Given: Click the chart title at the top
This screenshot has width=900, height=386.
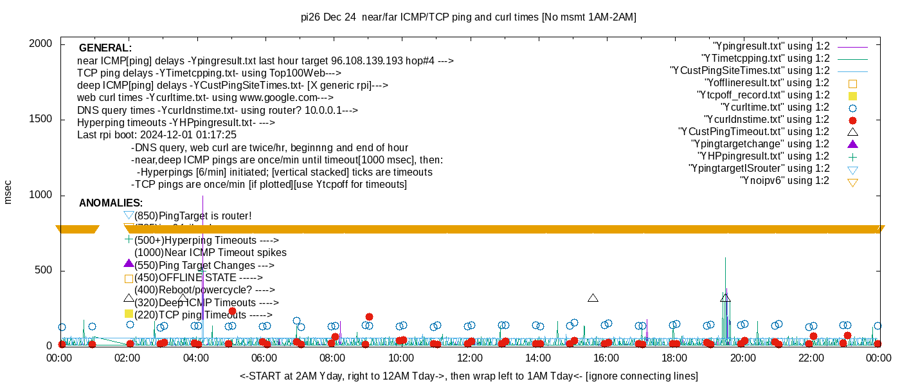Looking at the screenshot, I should pos(469,17).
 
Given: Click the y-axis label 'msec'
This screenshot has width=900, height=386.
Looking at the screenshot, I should pos(8,192).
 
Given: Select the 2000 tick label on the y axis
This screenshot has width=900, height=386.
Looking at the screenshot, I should pos(42,44).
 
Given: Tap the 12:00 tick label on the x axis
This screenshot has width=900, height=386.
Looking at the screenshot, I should pos(469,358).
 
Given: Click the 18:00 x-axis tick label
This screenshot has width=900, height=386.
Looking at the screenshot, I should pos(674,358).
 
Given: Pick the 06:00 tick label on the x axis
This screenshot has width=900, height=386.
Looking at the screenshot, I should pos(264,358).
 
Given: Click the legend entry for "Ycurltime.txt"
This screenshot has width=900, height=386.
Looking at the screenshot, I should pos(775,107).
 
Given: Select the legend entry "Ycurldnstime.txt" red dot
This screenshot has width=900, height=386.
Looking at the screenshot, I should pos(852,120).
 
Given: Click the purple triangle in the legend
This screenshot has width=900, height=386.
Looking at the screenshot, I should pos(852,144).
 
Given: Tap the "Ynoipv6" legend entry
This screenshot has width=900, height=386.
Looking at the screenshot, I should pos(784,181).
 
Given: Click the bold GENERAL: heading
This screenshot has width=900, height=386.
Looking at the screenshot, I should pos(105,48).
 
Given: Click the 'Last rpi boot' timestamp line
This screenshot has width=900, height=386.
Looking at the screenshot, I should pos(156,135).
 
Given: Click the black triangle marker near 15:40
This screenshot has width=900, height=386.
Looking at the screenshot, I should pos(593,298).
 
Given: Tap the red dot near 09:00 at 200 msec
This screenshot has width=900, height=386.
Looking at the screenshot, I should pos(369,317).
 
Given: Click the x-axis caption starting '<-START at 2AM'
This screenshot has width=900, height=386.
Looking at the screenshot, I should pos(469,376).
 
